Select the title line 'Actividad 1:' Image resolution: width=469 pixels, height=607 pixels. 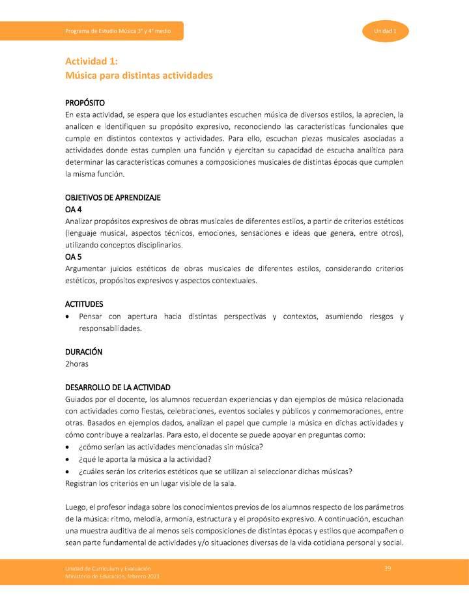coord(91,61)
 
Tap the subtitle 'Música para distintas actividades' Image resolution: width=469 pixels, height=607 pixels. coord(139,76)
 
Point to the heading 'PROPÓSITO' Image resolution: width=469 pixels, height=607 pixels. coord(85,103)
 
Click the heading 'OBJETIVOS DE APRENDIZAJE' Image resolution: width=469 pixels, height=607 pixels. coord(113,197)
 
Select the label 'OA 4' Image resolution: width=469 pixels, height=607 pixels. coord(73,209)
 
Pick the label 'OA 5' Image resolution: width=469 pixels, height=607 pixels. coord(73,257)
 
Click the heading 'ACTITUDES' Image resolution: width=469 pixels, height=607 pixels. coord(84,304)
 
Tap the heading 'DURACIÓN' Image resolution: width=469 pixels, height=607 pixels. coord(83,352)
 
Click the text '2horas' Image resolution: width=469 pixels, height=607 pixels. coord(77,363)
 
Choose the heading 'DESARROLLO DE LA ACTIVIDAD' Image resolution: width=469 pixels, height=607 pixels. coord(118,387)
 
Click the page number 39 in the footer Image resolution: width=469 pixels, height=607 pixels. coord(388,569)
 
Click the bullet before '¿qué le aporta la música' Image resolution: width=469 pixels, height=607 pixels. coord(68,459)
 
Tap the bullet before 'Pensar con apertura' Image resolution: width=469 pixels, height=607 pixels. coord(68,317)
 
